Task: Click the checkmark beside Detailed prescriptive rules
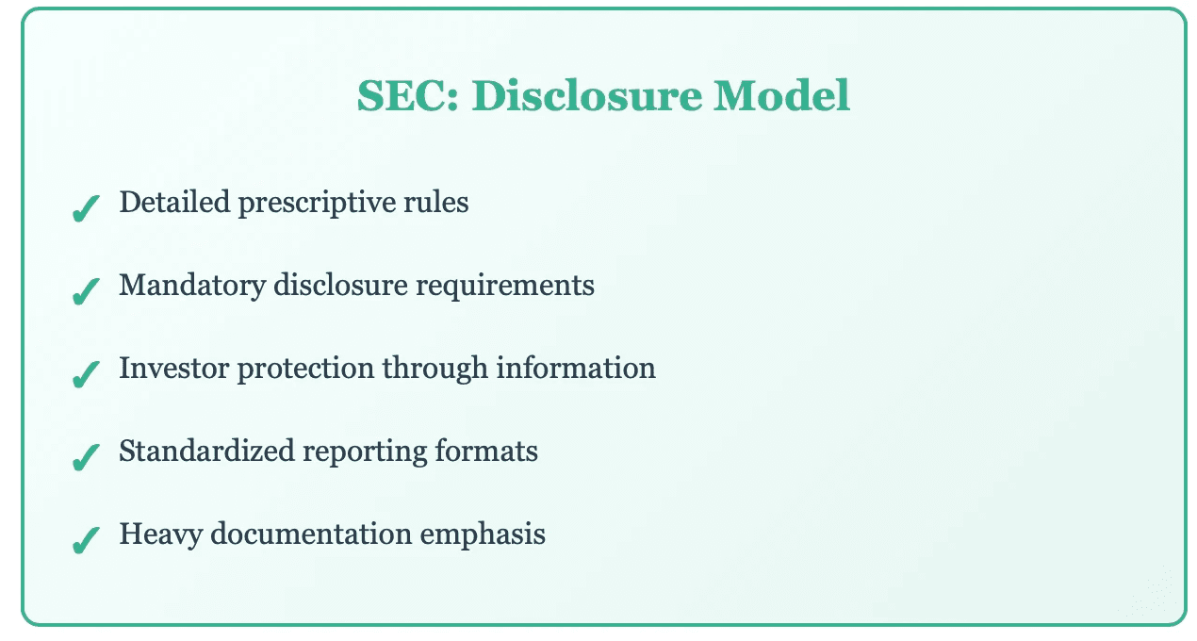click(86, 208)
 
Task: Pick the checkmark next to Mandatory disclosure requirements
click(86, 291)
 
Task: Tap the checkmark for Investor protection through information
click(86, 374)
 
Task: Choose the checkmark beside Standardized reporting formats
click(86, 457)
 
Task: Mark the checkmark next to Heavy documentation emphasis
click(86, 540)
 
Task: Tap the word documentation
click(312, 534)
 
